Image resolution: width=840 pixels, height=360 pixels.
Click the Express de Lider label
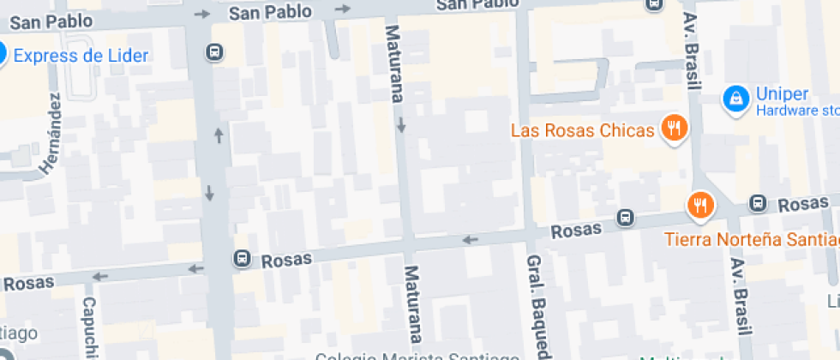(x=81, y=57)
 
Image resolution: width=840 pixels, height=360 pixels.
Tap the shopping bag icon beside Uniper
(x=735, y=99)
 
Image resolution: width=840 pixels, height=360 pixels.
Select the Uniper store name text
(x=777, y=94)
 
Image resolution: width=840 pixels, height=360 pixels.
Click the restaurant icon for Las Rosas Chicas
(x=675, y=129)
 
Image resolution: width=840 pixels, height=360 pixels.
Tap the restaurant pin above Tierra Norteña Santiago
(x=700, y=205)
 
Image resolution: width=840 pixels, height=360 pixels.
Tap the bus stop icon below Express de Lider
(x=213, y=53)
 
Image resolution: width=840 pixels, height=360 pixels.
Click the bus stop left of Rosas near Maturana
(x=243, y=257)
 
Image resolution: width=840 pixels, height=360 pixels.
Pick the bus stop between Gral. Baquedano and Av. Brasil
(x=627, y=219)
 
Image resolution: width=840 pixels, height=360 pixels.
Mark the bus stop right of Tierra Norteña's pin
(x=757, y=203)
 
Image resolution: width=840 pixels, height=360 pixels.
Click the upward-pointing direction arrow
(x=219, y=135)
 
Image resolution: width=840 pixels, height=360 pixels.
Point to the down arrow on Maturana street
(x=401, y=127)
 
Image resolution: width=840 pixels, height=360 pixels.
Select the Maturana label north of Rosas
(x=394, y=63)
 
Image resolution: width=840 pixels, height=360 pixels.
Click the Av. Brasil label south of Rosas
(x=741, y=301)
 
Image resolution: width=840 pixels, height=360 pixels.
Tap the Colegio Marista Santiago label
(x=417, y=356)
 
